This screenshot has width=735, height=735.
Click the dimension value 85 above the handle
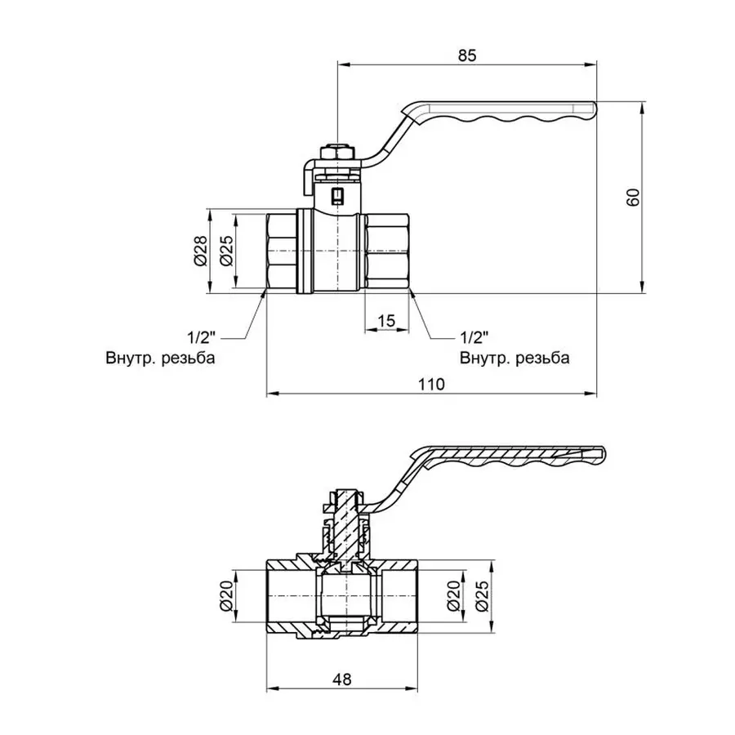pyautogui.click(x=466, y=56)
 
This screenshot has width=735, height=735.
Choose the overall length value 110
pyautogui.click(x=430, y=384)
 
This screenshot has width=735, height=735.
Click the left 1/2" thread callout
pyautogui.click(x=201, y=336)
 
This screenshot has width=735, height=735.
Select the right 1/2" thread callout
pyautogui.click(x=474, y=336)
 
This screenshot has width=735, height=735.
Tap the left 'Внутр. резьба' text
pyautogui.click(x=160, y=358)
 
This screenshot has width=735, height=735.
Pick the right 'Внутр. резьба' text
pyautogui.click(x=514, y=358)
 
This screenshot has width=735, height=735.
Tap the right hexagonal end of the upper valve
pyautogui.click(x=387, y=251)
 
